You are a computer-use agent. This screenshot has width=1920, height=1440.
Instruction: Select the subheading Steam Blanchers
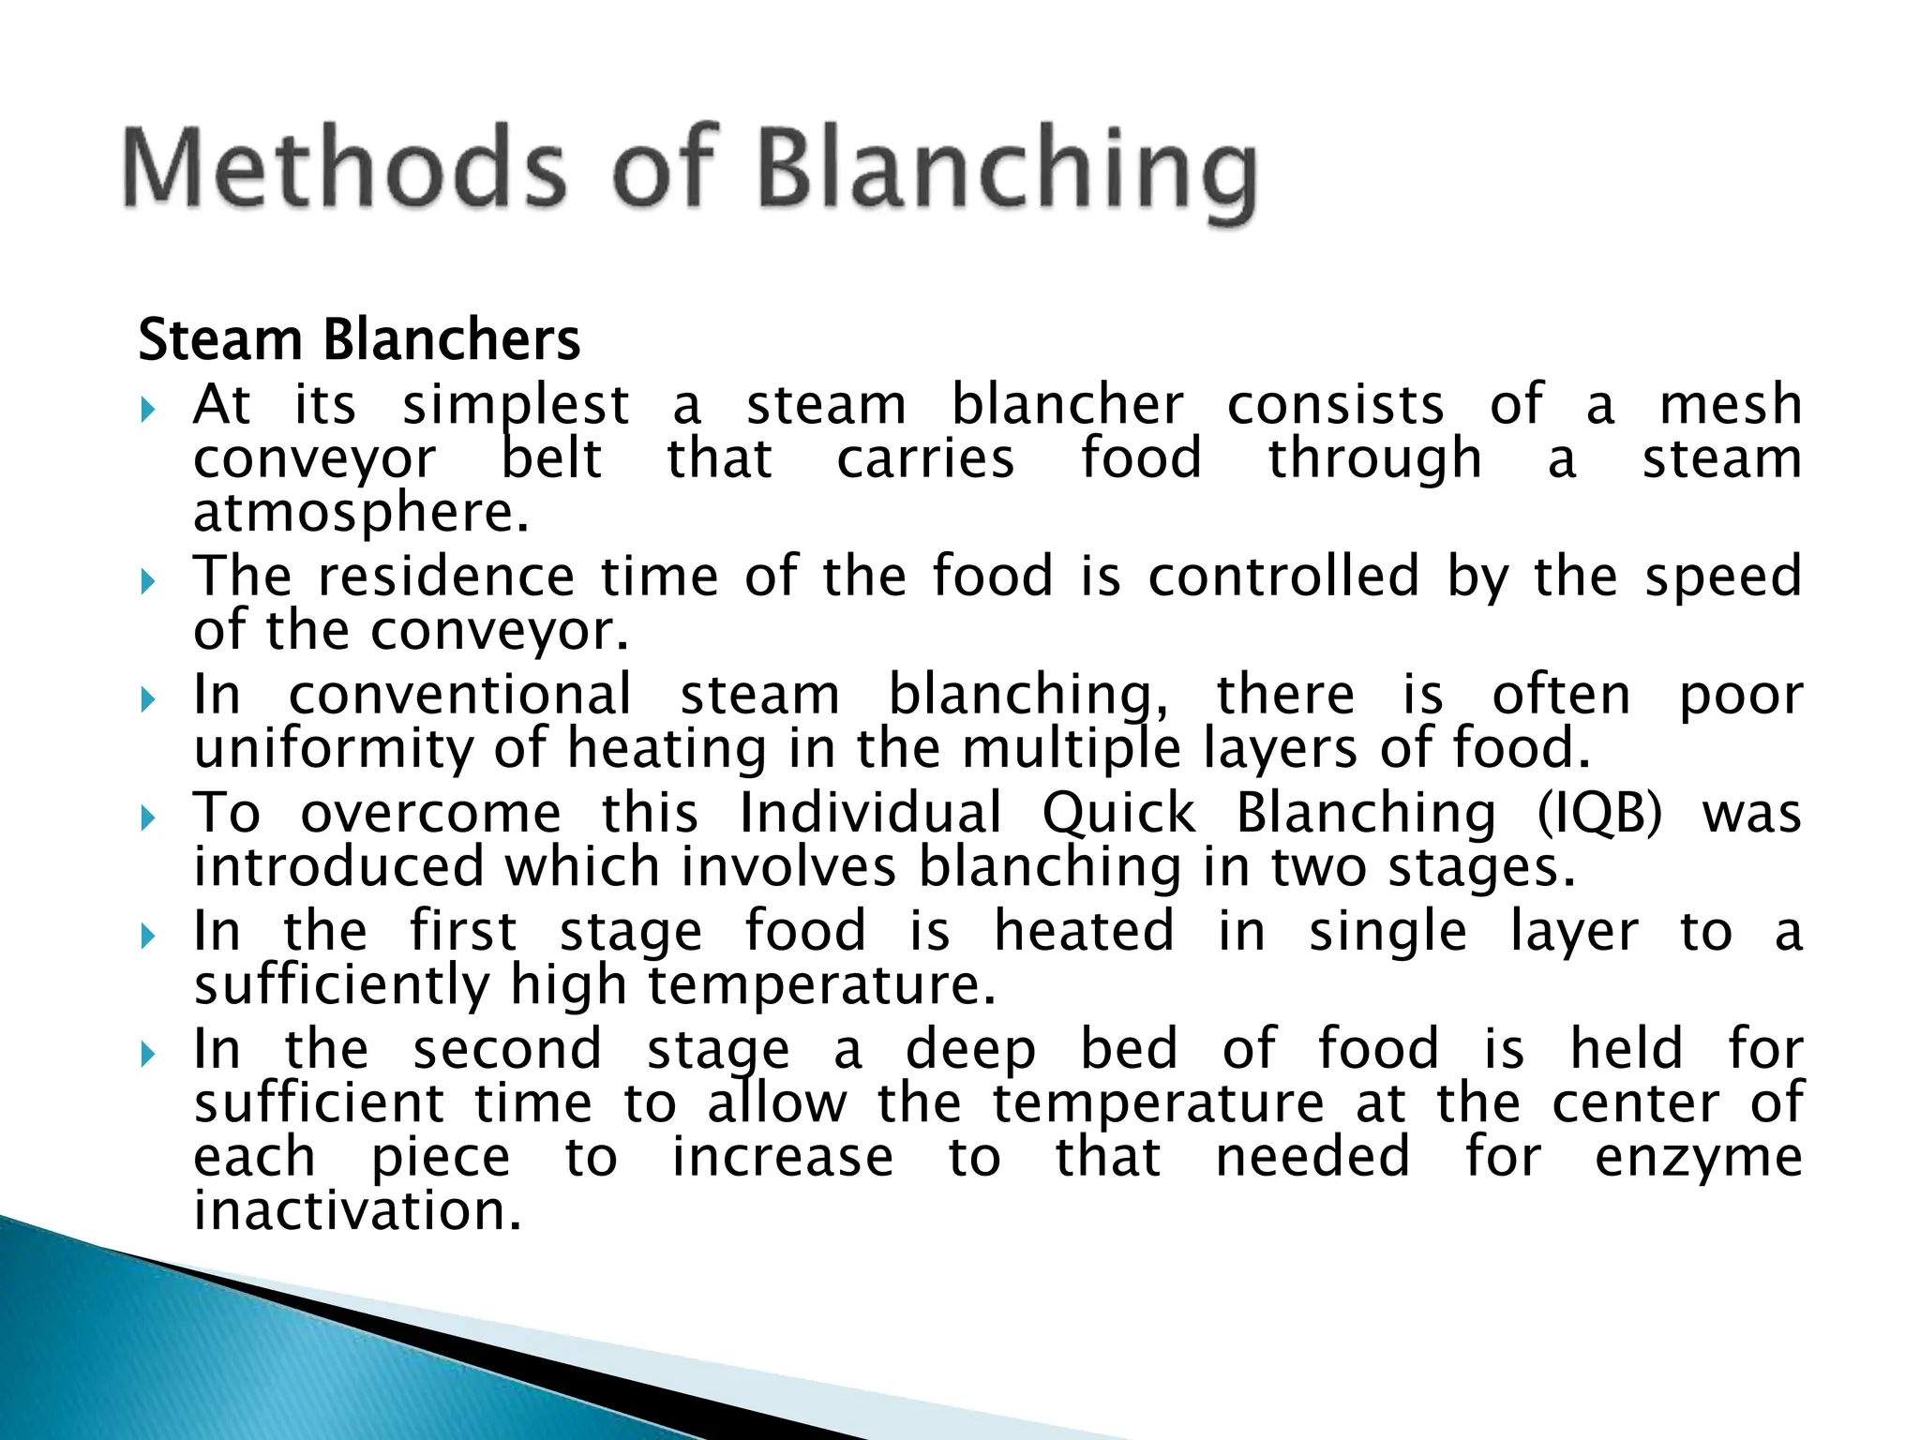[x=359, y=339]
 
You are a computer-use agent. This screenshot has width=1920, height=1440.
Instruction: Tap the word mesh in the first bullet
[x=1731, y=405]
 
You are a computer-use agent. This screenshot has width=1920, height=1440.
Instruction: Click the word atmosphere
[x=361, y=514]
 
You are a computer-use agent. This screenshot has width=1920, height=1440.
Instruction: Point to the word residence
[x=446, y=576]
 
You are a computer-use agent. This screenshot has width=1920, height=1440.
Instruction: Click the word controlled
[x=1283, y=576]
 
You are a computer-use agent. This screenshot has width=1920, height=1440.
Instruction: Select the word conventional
[x=459, y=695]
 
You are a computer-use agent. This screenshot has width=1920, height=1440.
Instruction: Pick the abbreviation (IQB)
[x=1599, y=813]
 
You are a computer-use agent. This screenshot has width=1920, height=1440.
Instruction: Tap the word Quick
[x=1118, y=813]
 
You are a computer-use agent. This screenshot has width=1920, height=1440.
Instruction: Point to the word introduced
[x=338, y=866]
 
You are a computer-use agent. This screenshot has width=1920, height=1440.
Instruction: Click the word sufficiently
[x=342, y=986]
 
